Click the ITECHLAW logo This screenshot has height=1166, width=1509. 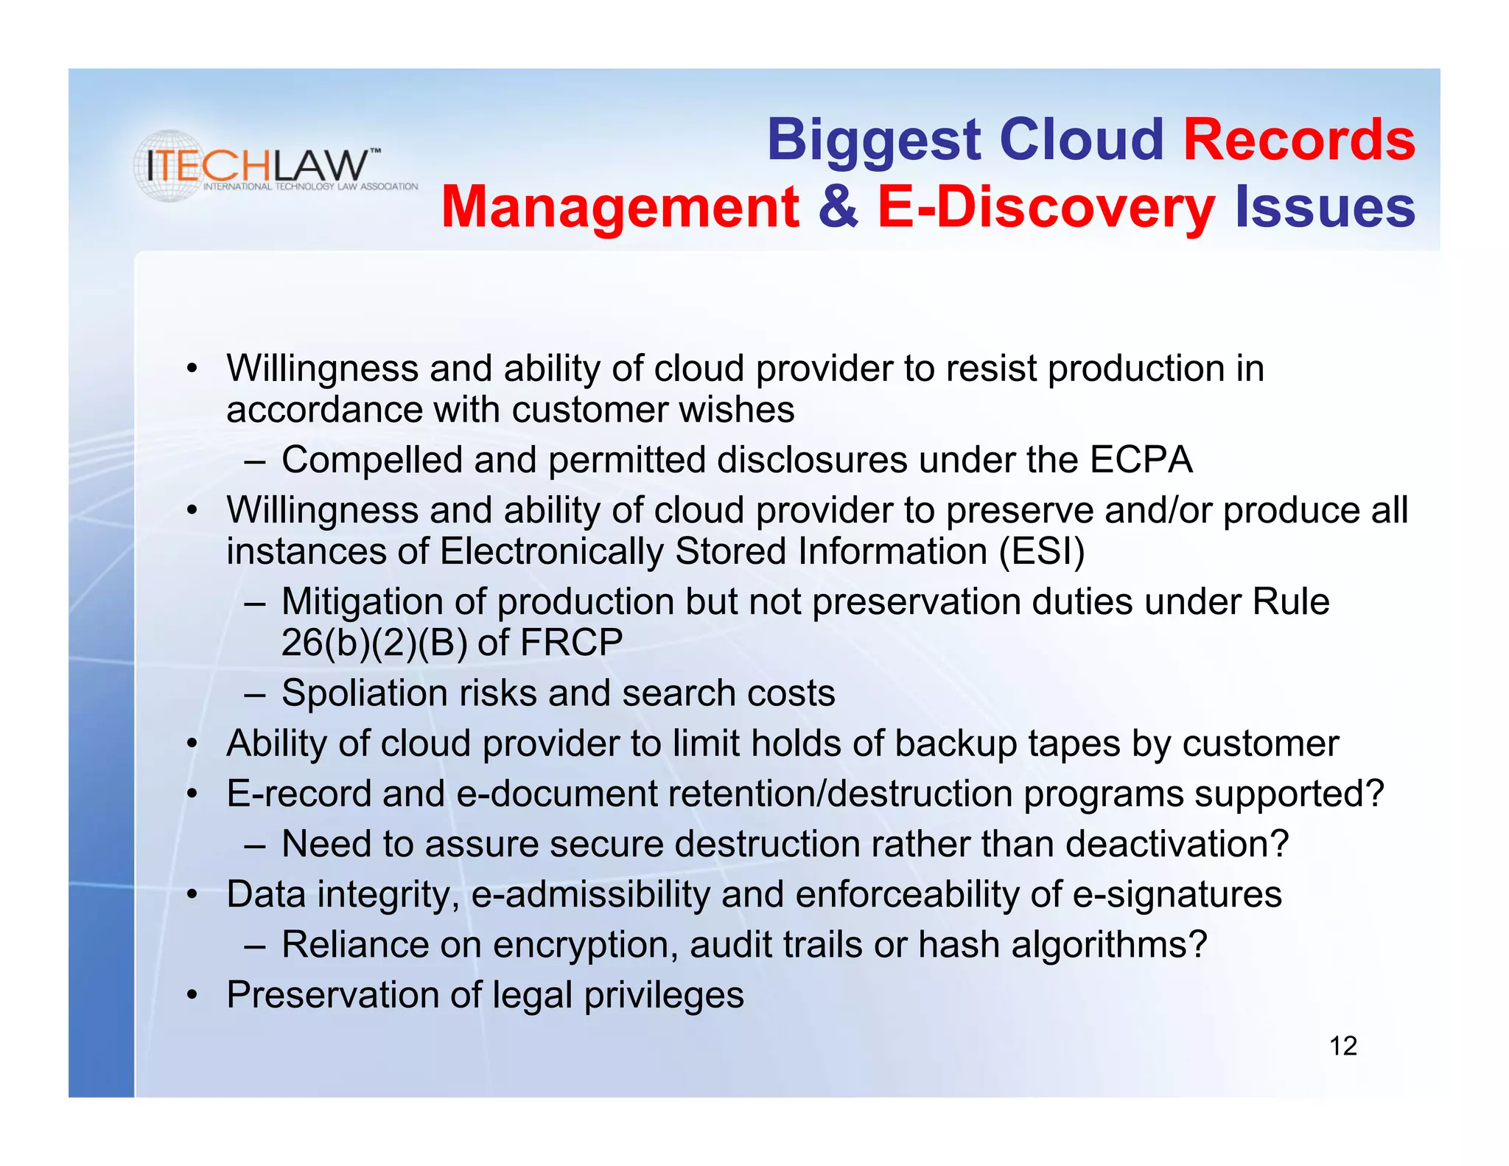274,167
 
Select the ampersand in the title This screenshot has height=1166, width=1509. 838,207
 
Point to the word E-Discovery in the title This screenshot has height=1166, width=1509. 1046,209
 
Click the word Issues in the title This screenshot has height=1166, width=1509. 1324,207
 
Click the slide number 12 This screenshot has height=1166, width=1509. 1342,1046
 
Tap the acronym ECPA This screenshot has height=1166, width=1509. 1141,460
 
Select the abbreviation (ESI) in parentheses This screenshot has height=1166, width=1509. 1042,551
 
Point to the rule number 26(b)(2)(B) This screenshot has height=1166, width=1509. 374,642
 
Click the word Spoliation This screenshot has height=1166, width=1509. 364,694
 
